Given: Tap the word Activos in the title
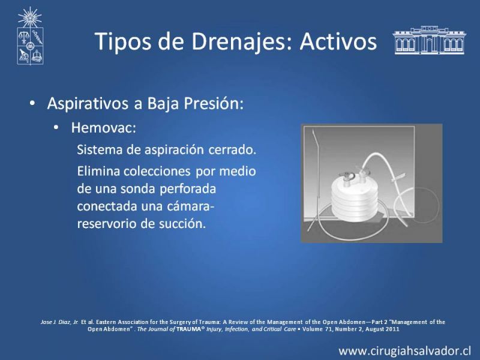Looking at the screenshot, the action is pyautogui.click(x=338, y=41).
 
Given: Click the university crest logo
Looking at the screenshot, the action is pyautogui.click(x=30, y=36).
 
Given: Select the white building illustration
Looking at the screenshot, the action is pyautogui.click(x=429, y=40).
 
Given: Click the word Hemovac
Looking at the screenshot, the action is pyautogui.click(x=103, y=127).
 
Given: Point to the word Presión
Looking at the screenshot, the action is pyautogui.click(x=214, y=103).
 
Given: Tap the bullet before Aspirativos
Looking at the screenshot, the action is pyautogui.click(x=32, y=103).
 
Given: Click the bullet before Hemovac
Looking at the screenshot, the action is pyautogui.click(x=56, y=127).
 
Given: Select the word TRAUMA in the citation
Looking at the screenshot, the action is pyautogui.click(x=188, y=329).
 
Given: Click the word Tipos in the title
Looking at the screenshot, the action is pyautogui.click(x=124, y=41).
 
